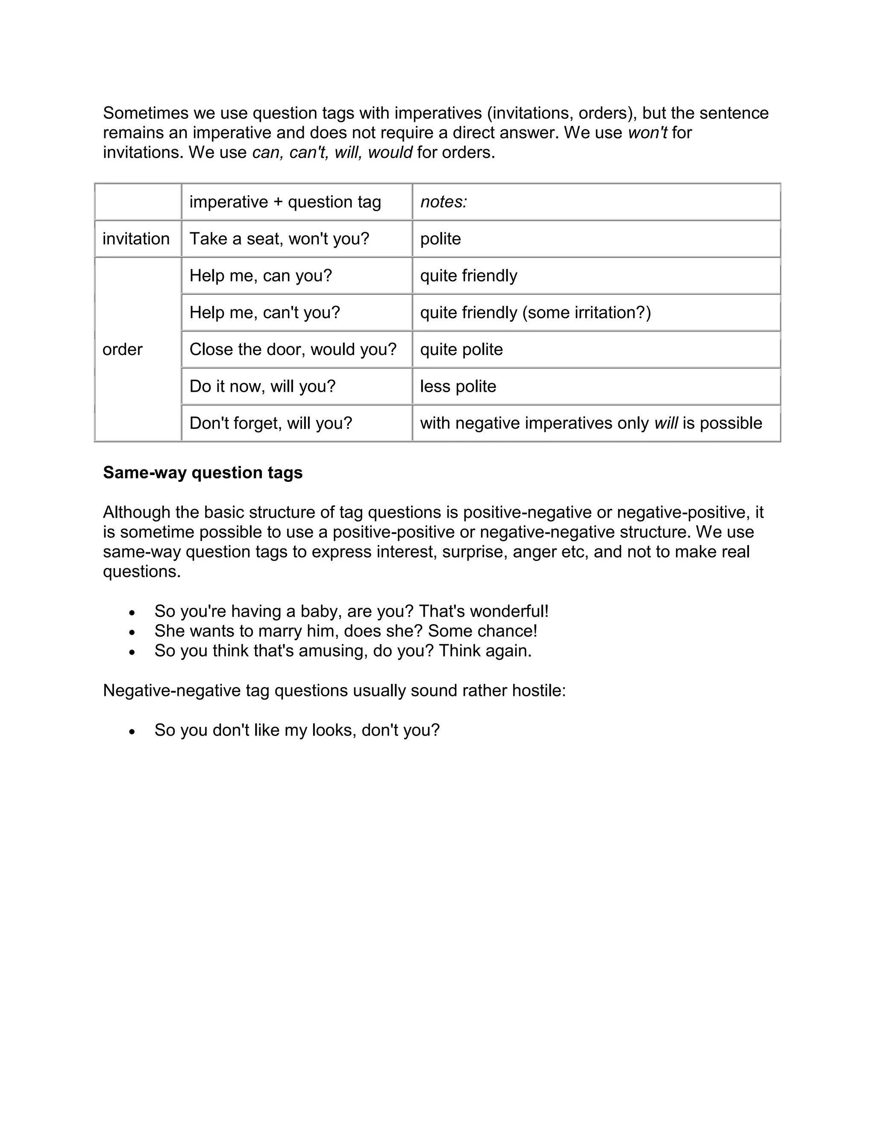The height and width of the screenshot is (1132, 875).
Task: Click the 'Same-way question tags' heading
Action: pos(203,473)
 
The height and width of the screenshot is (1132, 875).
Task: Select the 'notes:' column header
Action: pos(444,202)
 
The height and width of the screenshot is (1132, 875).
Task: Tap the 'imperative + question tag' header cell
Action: pos(285,202)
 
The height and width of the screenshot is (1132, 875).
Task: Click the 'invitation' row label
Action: pos(136,238)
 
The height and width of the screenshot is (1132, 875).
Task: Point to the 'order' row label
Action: pos(122,349)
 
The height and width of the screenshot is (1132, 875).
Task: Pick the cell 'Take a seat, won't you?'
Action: pos(279,238)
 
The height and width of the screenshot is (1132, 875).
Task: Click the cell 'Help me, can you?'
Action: pos(260,276)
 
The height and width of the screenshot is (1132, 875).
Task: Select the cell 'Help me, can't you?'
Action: pos(264,313)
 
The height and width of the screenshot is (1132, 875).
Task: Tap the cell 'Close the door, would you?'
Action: pos(293,349)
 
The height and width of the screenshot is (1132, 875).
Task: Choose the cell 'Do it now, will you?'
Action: pos(262,386)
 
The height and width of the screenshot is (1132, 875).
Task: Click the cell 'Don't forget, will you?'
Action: pos(270,423)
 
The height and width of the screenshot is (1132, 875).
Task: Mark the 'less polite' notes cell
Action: pos(458,386)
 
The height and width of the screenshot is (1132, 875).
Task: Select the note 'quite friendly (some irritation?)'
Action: pos(535,313)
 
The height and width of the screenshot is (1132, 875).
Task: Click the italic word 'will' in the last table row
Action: pos(666,423)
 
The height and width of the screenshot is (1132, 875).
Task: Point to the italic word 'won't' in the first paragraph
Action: pos(647,133)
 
